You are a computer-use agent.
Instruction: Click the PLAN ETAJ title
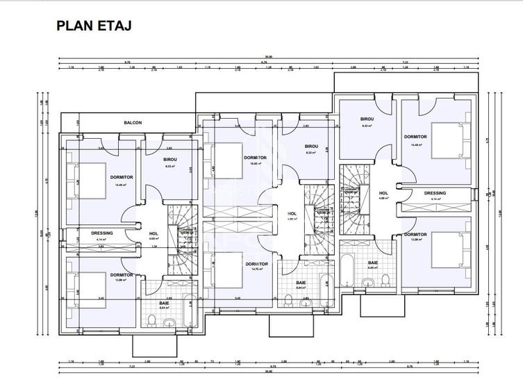[x=94, y=26]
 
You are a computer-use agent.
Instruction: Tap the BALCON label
[x=133, y=123]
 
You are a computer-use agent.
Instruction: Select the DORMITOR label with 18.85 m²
[x=256, y=158]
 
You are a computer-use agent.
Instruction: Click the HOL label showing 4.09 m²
[x=292, y=214]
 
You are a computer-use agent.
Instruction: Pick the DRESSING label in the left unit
[x=101, y=233]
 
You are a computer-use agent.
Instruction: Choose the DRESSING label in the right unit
[x=435, y=193]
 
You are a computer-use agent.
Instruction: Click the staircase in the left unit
[x=185, y=233]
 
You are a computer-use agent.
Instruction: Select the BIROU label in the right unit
[x=367, y=119]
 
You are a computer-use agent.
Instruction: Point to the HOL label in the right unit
[x=383, y=193]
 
